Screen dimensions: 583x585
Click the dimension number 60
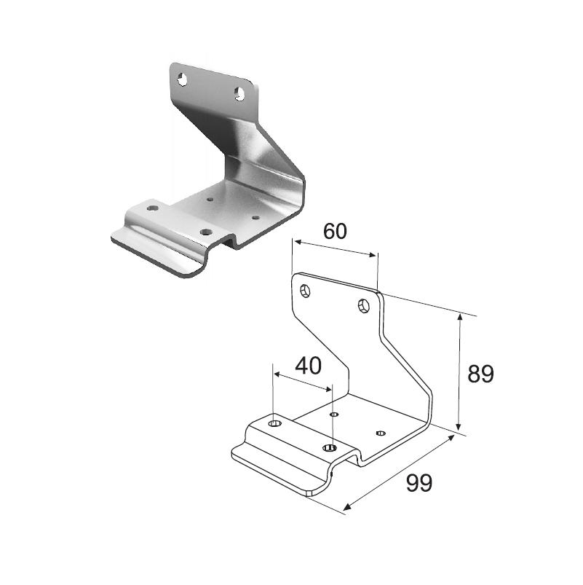tap(335, 231)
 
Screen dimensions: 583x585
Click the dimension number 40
tap(308, 366)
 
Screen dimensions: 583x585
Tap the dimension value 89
tap(480, 374)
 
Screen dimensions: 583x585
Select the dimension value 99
tap(419, 483)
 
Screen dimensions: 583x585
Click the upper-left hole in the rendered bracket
tap(182, 79)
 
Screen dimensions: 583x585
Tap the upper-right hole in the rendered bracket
tap(239, 94)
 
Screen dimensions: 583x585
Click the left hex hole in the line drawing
tap(305, 291)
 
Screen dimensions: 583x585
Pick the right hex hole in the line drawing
tap(363, 306)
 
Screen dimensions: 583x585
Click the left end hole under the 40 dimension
tap(275, 423)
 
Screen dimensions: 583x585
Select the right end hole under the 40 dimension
tap(330, 447)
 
